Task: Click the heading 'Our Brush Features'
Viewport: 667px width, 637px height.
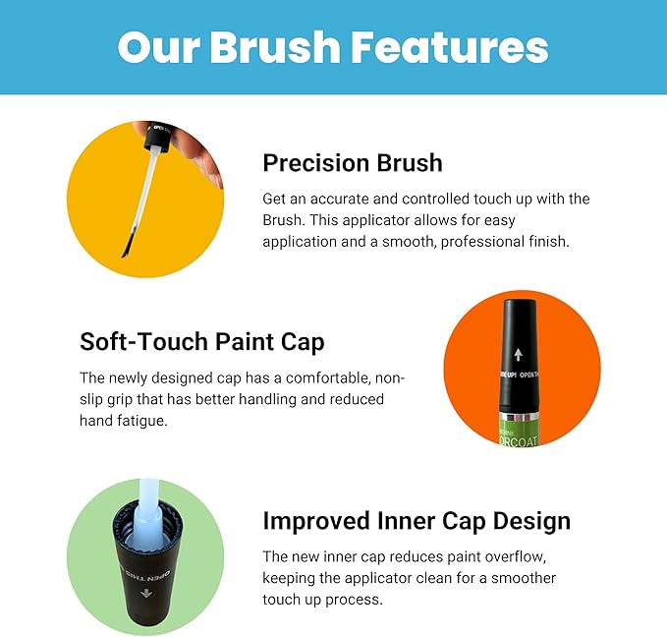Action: click(x=333, y=47)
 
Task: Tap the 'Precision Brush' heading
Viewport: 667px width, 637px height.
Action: click(x=353, y=162)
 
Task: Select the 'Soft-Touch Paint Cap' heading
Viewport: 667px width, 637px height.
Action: click(x=201, y=342)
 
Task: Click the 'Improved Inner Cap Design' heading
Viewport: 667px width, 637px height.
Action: click(x=417, y=520)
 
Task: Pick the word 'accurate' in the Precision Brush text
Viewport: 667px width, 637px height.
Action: click(x=332, y=199)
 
